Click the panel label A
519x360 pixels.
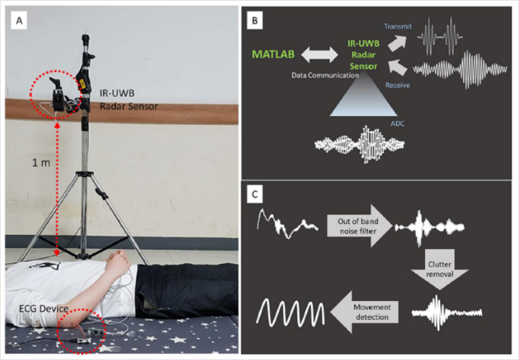[22, 21]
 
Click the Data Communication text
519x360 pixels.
[324, 74]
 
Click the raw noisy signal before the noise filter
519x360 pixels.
[285, 222]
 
